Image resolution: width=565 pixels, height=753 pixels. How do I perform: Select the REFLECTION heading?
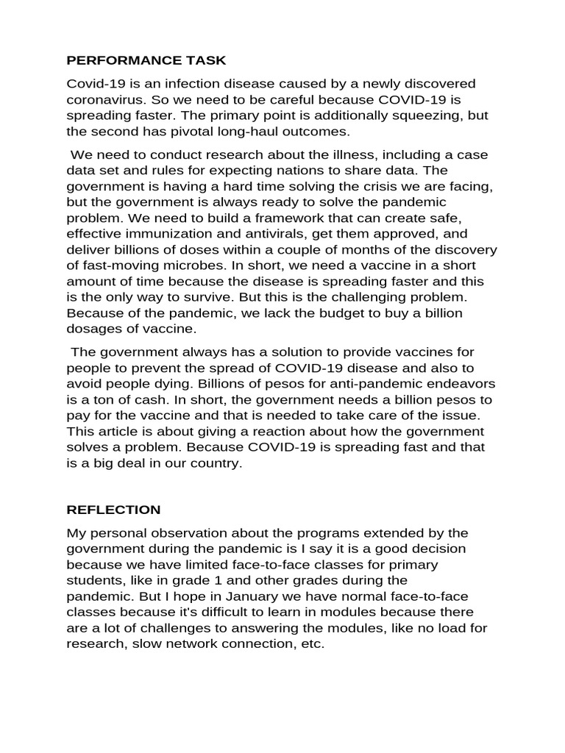[113, 510]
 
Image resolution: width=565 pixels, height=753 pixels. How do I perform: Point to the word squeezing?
[416, 115]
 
